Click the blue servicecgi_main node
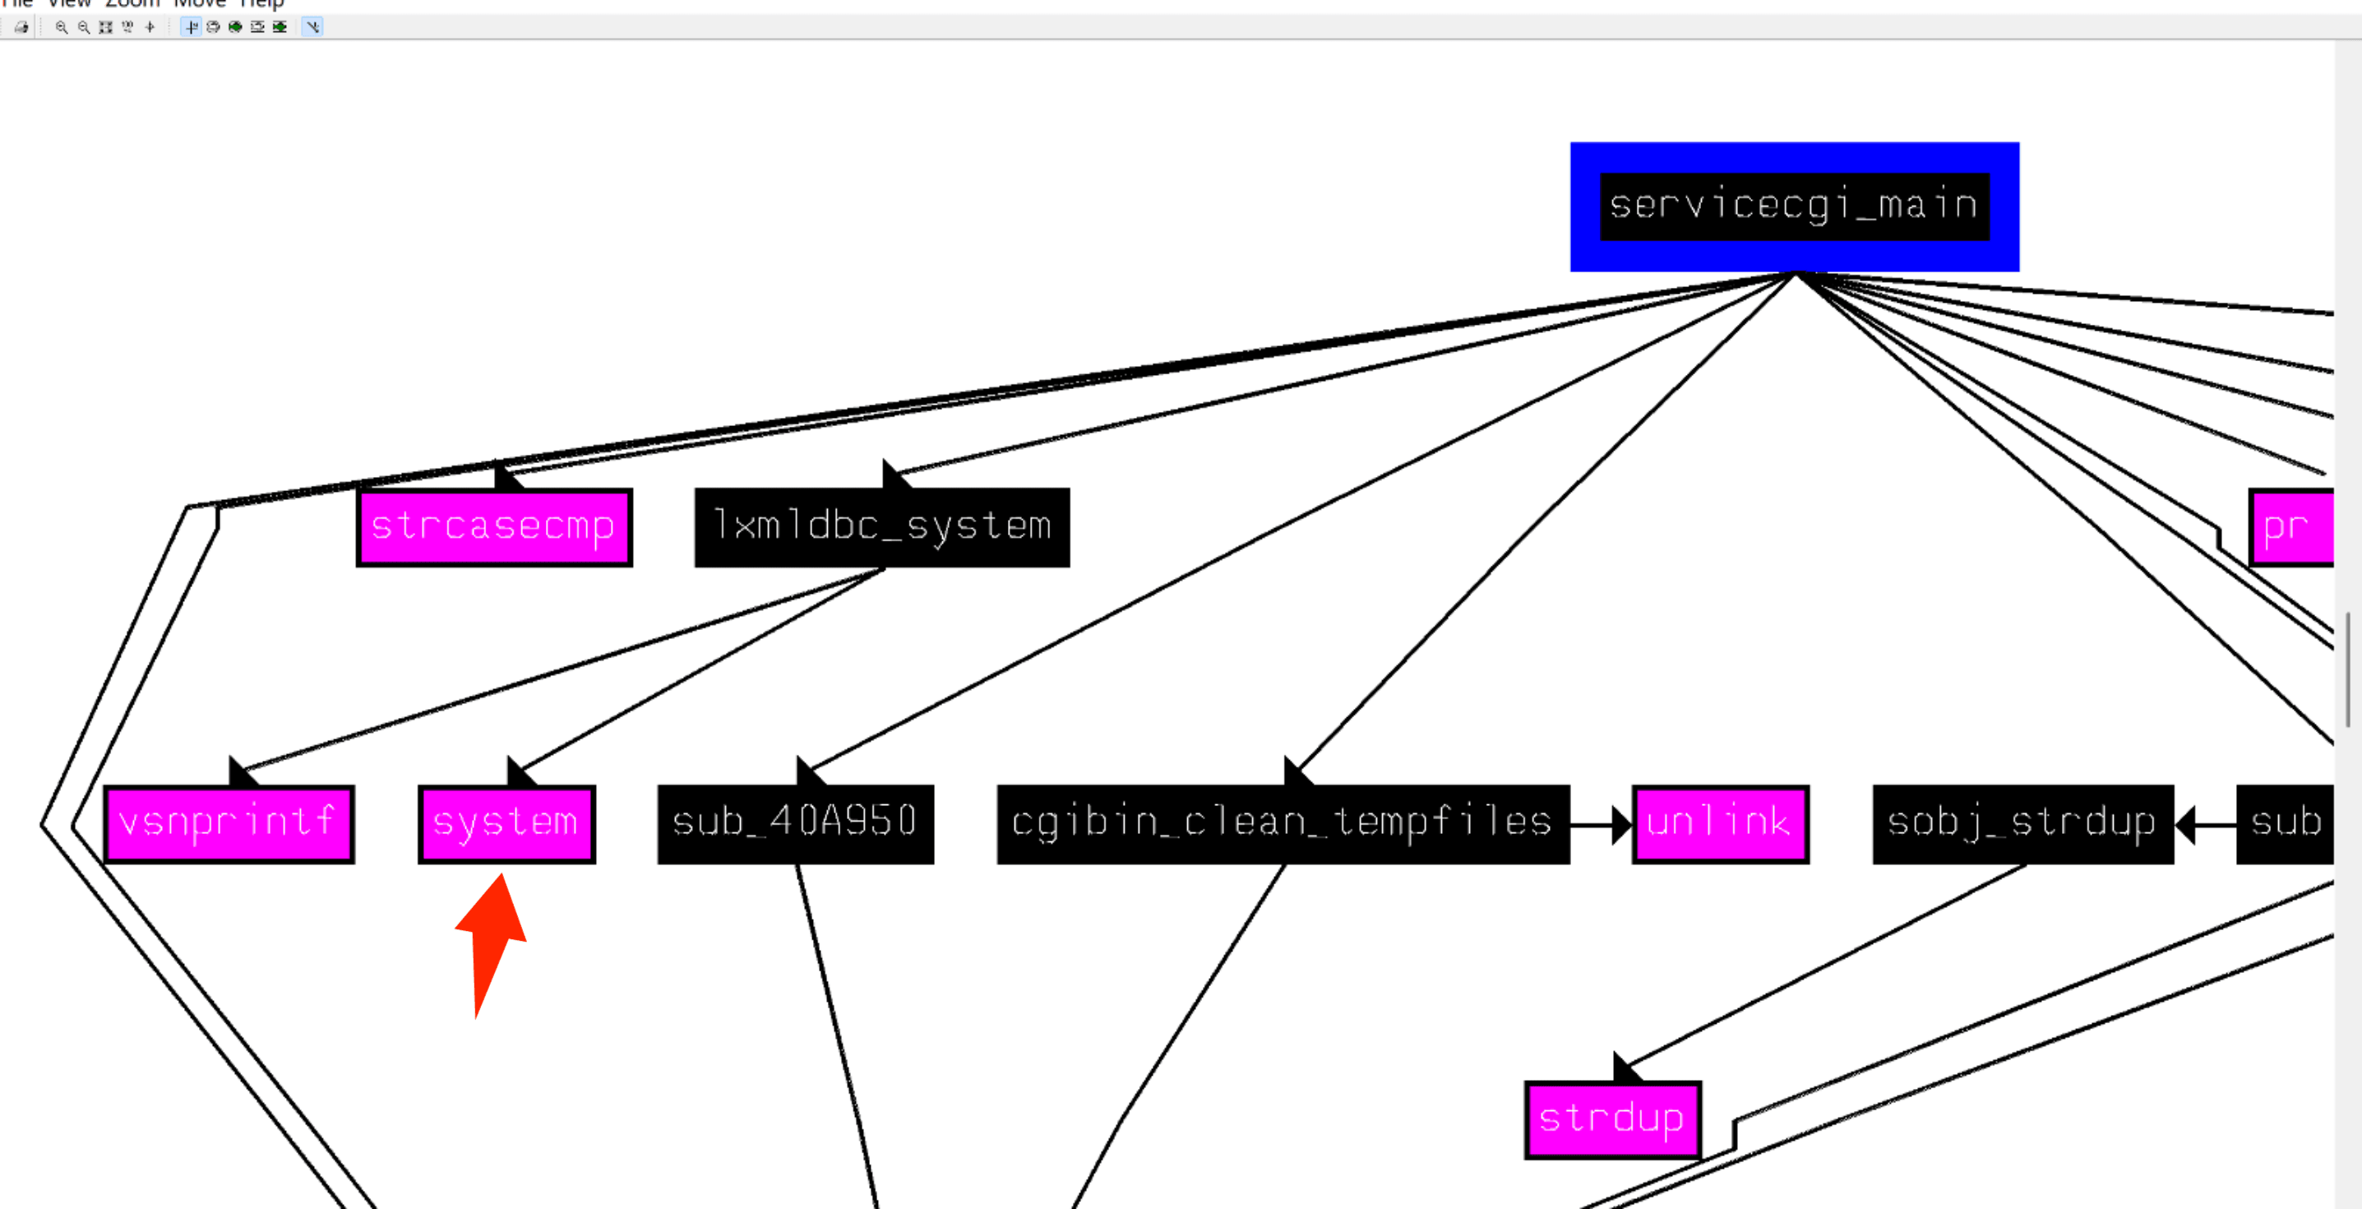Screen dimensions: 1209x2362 point(1794,206)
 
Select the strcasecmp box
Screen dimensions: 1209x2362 point(493,527)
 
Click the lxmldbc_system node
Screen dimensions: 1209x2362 point(881,527)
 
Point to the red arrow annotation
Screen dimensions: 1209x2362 point(492,940)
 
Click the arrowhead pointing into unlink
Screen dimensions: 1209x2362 point(1621,825)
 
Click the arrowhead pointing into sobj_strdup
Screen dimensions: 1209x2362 point(2186,825)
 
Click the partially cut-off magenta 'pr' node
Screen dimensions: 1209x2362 point(2290,527)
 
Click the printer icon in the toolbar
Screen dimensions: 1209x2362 point(21,27)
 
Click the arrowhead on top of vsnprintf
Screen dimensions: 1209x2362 point(240,771)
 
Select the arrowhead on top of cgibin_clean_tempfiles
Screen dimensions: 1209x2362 point(1296,771)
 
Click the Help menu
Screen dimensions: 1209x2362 point(261,3)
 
